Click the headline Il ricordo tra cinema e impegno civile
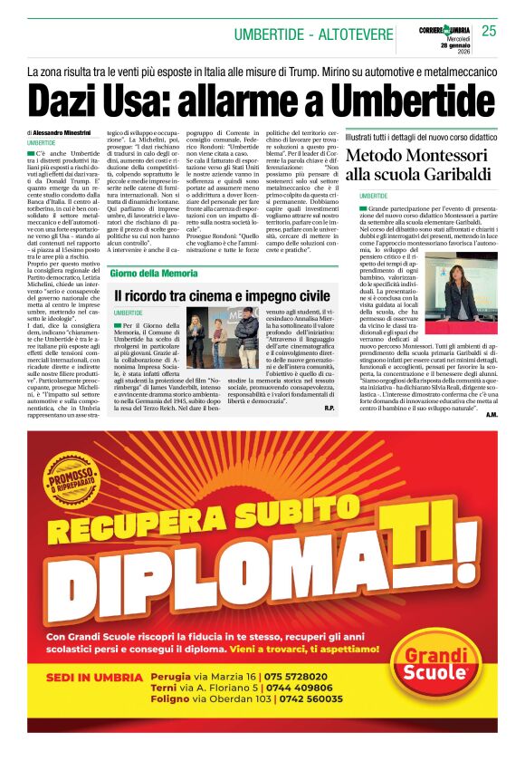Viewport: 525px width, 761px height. [222, 295]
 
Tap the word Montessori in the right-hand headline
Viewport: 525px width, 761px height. [450, 155]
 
